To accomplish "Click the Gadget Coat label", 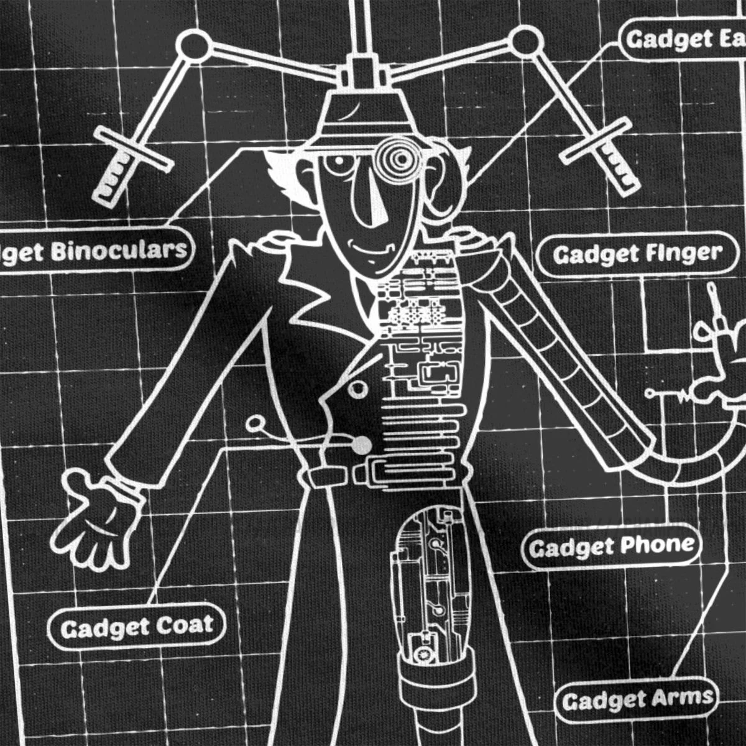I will [136, 626].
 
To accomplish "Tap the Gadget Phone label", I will [610, 547].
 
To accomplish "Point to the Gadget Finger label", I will [638, 254].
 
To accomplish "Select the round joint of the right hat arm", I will [524, 42].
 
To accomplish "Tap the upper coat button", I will [357, 390].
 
